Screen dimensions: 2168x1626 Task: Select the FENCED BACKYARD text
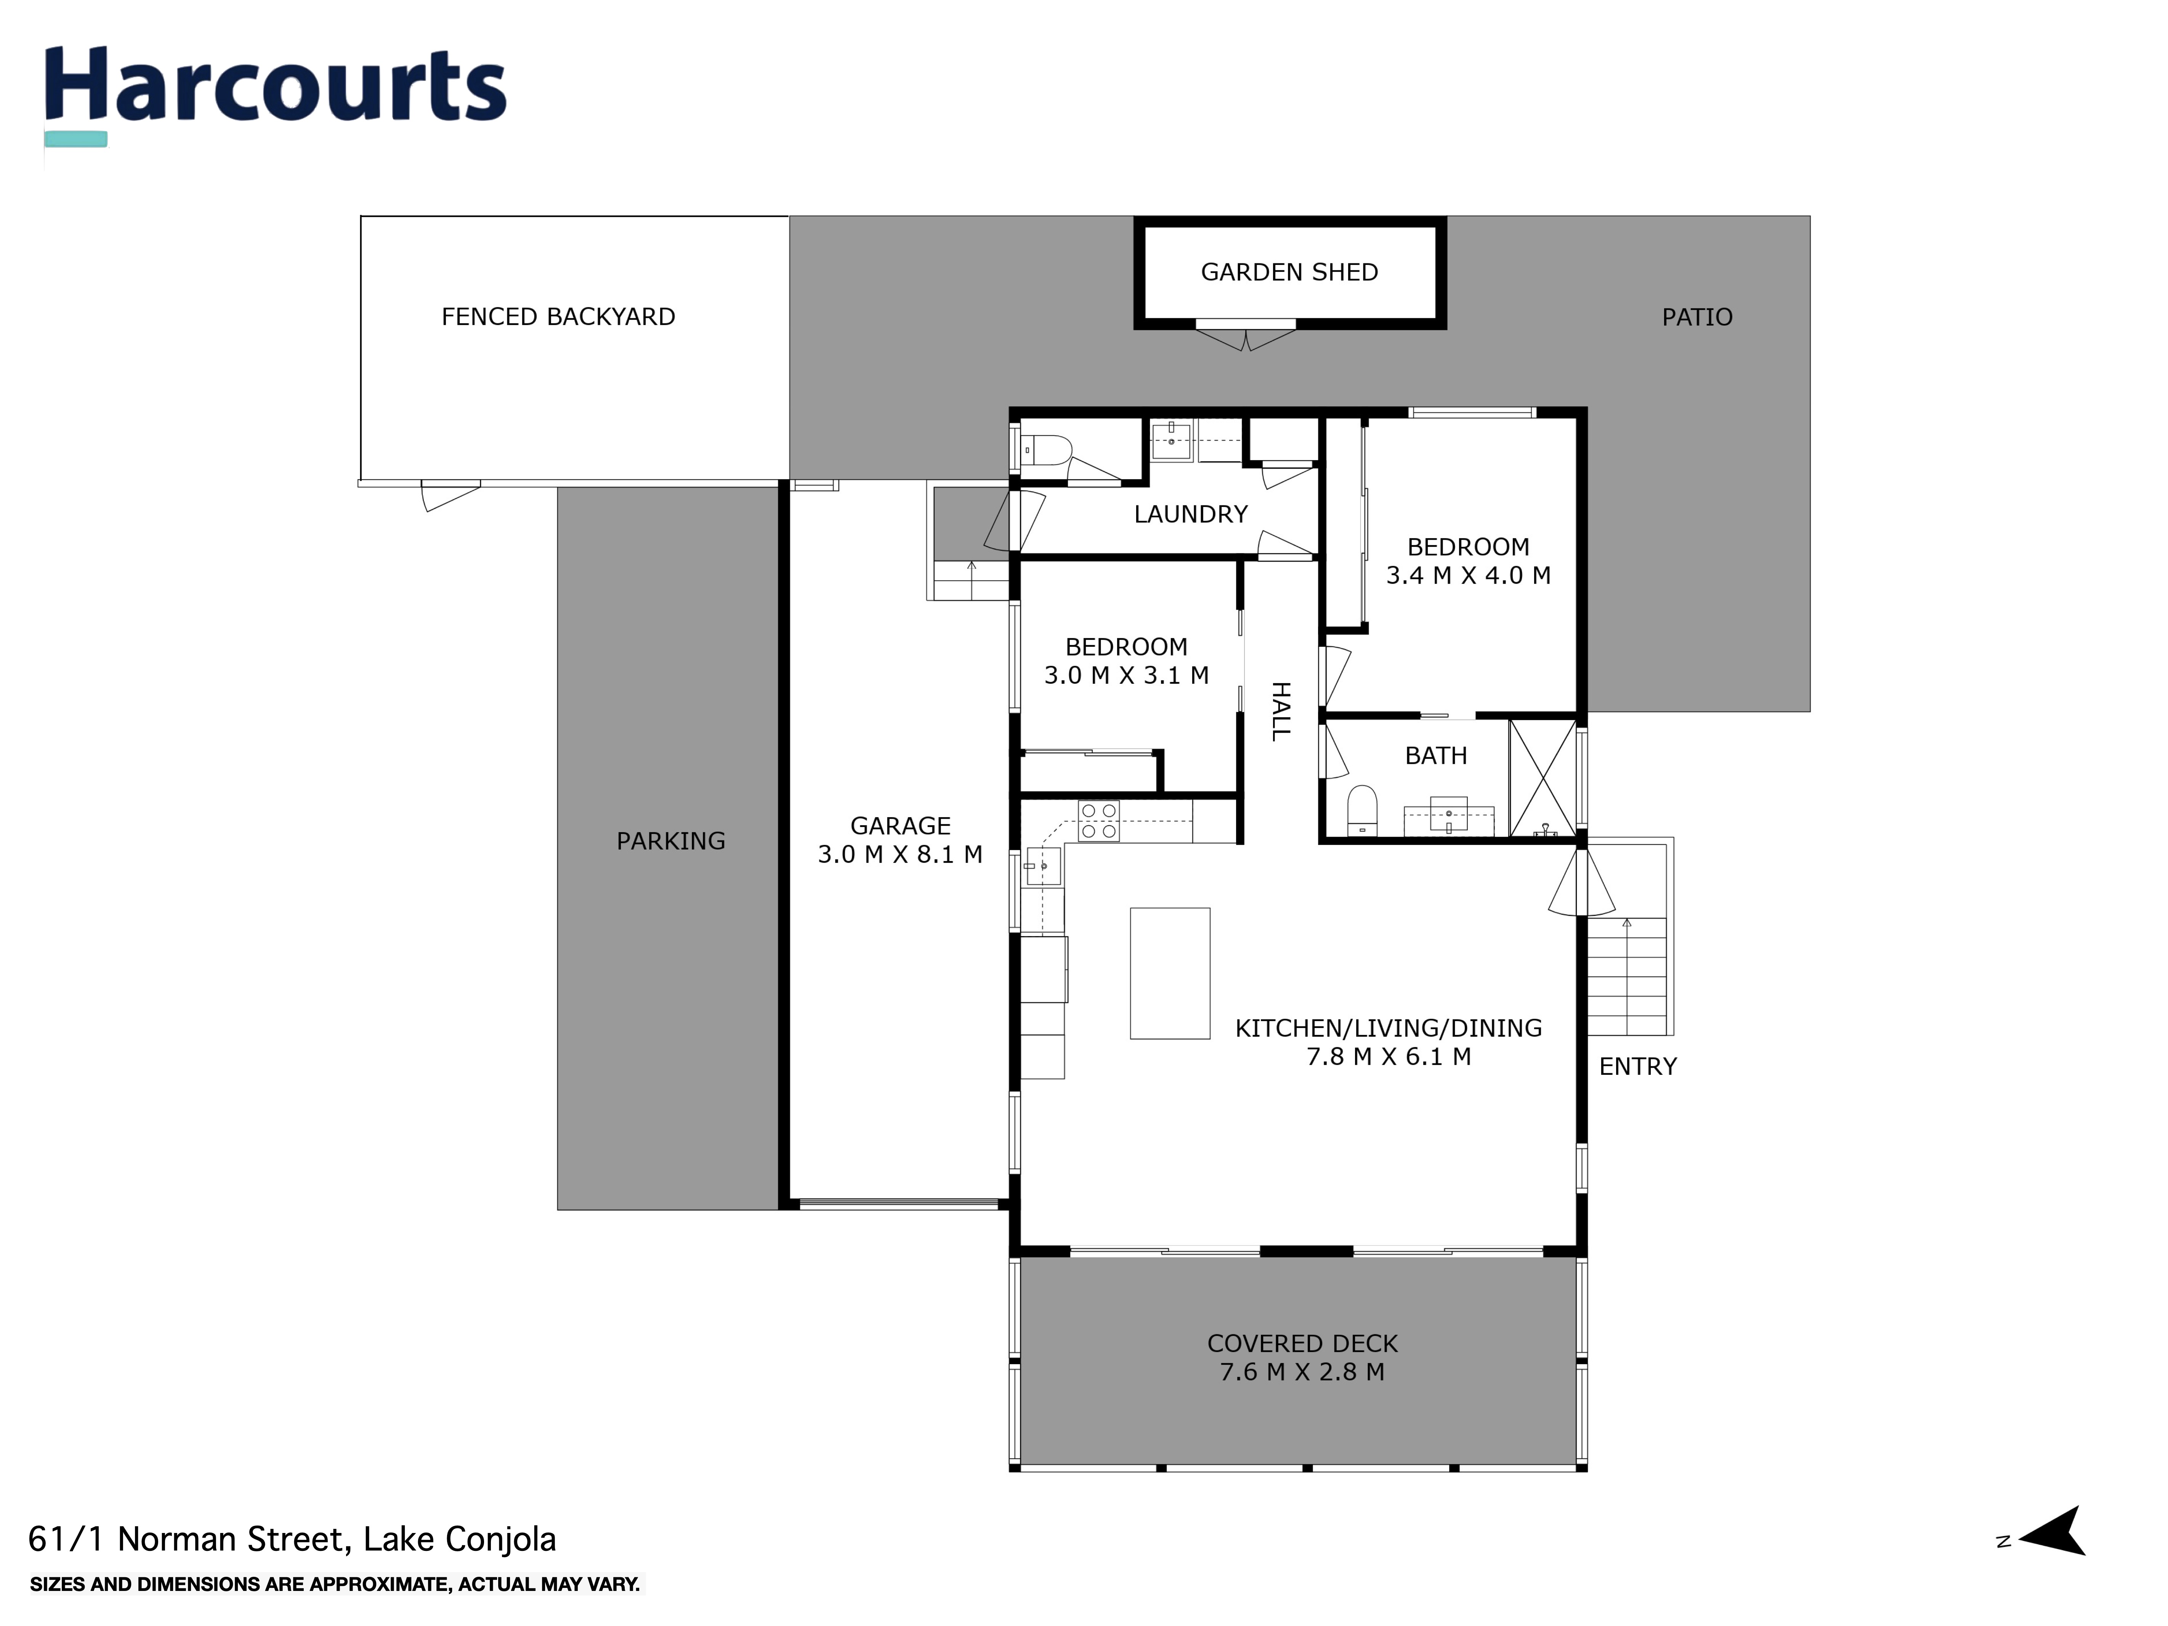point(558,317)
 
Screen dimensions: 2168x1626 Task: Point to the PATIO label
point(1697,318)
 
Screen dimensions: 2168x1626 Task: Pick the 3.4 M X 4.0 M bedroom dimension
point(1468,575)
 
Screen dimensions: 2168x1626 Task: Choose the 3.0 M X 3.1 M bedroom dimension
point(1126,675)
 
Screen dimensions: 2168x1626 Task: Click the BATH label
point(1436,756)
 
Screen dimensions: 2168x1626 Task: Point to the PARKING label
point(670,841)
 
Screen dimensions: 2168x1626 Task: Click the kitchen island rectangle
point(1169,973)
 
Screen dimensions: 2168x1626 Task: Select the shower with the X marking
point(1543,778)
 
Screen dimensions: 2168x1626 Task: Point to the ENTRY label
point(1638,1066)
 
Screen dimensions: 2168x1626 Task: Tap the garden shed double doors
point(1246,338)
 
